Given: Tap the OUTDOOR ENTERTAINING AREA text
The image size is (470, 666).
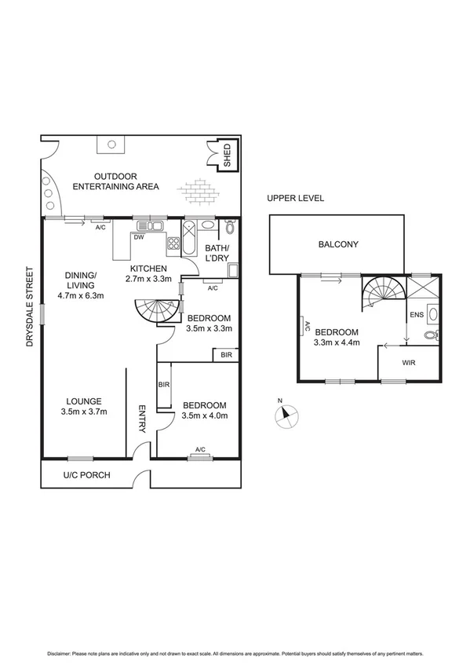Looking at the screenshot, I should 115,181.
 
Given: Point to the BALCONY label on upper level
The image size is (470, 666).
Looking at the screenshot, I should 338,244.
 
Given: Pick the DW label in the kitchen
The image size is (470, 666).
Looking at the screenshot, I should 138,236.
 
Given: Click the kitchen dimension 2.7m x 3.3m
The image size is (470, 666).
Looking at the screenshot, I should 150,279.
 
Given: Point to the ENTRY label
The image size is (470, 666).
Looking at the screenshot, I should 142,419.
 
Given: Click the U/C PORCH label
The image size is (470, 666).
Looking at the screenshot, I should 87,475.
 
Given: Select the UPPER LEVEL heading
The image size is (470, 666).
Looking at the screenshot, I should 295,198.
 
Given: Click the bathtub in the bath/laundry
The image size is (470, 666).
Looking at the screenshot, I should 191,239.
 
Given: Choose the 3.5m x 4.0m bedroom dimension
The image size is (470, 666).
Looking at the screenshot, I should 204,415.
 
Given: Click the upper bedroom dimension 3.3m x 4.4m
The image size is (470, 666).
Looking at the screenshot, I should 336,342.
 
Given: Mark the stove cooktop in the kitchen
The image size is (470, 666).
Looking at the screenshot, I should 173,243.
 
